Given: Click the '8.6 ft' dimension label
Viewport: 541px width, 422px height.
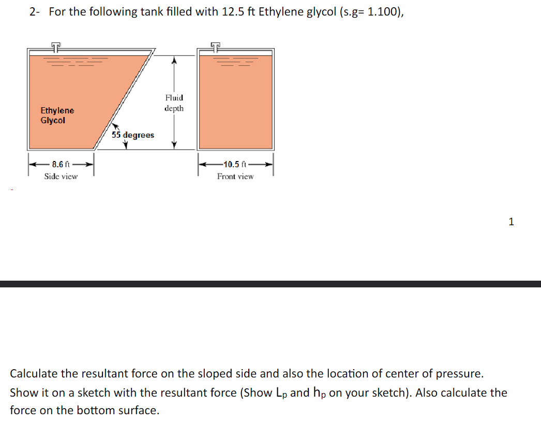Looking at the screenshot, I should click(61, 164).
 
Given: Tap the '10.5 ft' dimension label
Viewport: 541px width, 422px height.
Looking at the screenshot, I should click(235, 164).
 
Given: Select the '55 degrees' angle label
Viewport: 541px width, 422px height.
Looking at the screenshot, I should click(133, 135).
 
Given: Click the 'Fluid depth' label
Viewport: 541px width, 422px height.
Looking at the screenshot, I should click(174, 103).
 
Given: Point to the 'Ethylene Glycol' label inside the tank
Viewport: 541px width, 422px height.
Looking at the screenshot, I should click(57, 115).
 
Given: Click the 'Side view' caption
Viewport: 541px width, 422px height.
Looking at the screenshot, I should click(61, 177).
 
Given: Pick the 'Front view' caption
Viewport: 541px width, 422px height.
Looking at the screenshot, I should click(235, 177).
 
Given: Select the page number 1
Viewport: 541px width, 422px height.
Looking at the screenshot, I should click(511, 222).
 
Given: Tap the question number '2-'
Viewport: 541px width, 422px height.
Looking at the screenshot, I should click(35, 12).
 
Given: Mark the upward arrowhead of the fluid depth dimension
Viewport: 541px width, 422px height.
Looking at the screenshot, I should click(174, 61).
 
